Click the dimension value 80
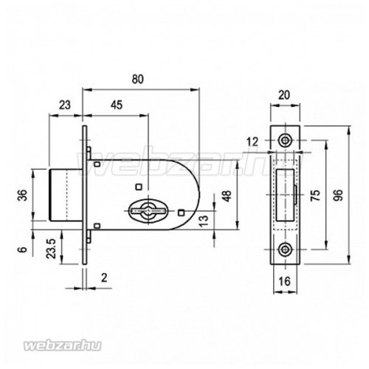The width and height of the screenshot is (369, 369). (x=137, y=79)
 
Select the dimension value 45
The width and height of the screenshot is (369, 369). (x=117, y=105)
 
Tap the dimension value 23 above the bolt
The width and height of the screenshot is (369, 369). (x=65, y=105)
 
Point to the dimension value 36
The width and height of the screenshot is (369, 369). (x=23, y=196)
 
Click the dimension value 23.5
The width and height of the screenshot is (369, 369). (x=52, y=248)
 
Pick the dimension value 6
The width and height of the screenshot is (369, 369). (x=22, y=249)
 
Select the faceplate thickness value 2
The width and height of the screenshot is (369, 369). (x=104, y=278)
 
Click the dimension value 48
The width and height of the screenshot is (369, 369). (x=228, y=196)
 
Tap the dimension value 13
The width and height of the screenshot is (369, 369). (x=204, y=221)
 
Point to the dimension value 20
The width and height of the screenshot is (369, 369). (x=284, y=95)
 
